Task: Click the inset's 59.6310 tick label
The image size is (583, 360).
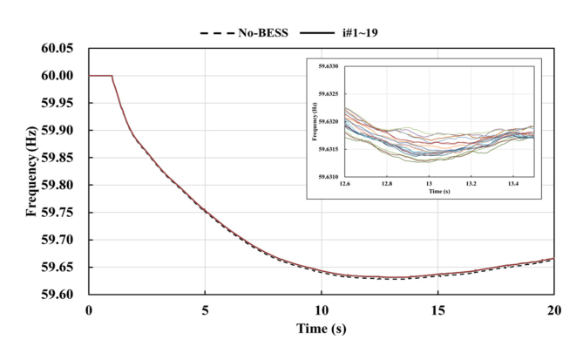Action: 330,177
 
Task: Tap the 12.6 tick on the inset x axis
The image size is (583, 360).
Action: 346,185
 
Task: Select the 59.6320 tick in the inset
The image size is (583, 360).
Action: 330,121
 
